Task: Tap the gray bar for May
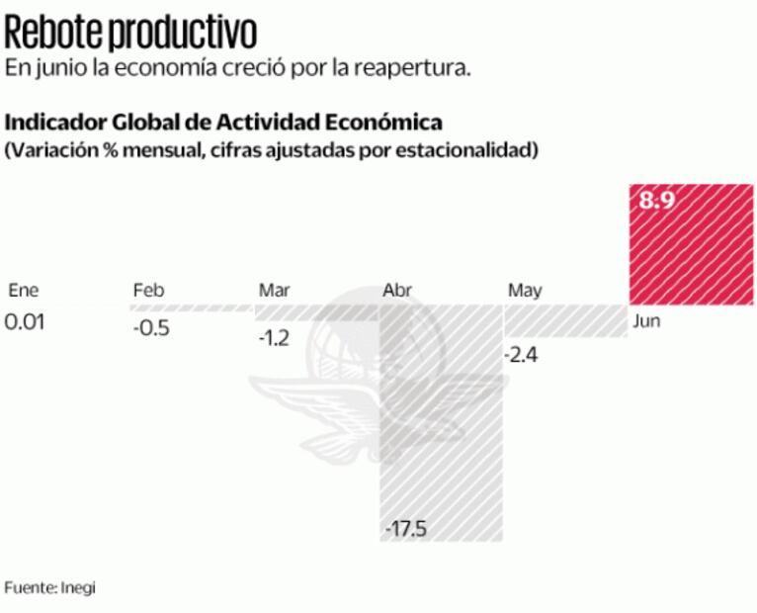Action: [x=566, y=323]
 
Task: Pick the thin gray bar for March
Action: [x=316, y=312]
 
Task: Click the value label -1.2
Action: [x=274, y=338]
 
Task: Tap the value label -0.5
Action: [x=151, y=328]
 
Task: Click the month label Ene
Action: [x=22, y=290]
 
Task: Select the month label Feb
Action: [x=148, y=290]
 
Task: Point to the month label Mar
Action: [x=274, y=290]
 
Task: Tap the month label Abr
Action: [x=397, y=291]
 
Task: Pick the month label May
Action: [x=525, y=291]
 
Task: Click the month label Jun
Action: [x=646, y=322]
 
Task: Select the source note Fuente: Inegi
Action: [x=50, y=587]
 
